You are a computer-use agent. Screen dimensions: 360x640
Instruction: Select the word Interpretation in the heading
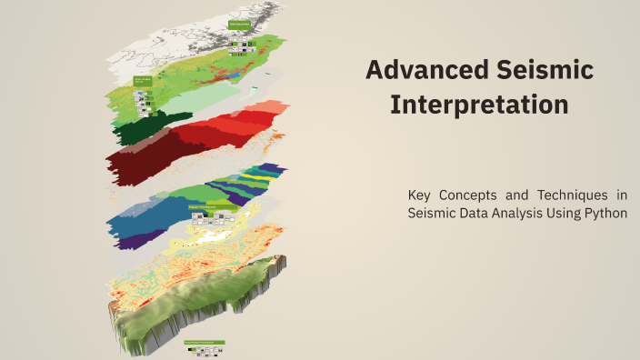(x=479, y=105)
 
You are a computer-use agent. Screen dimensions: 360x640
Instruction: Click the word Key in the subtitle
(x=422, y=195)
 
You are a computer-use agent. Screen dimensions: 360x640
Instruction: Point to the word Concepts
(x=476, y=195)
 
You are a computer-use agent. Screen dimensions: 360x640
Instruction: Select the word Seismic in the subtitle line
(x=433, y=213)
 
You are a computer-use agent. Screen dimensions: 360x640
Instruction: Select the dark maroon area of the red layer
(x=136, y=164)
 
